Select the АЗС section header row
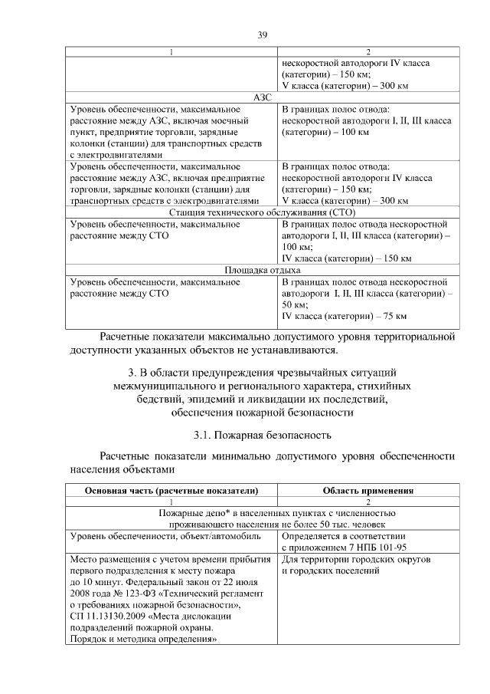point(262,97)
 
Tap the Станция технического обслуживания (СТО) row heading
point(262,212)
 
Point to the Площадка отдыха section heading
point(262,270)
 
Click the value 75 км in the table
point(392,316)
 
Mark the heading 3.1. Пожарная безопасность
point(262,436)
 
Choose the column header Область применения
point(368,491)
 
